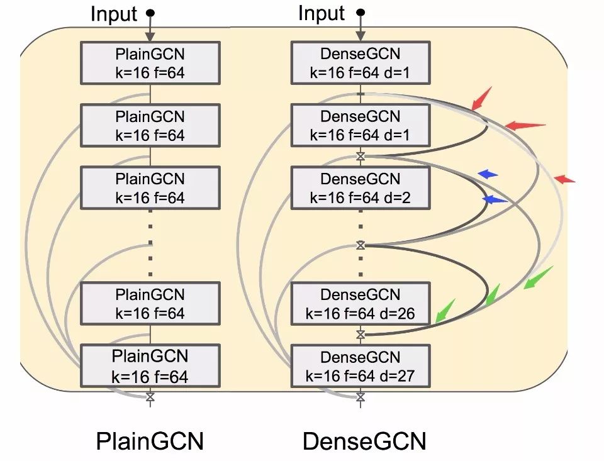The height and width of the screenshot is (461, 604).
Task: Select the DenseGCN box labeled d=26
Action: coord(360,303)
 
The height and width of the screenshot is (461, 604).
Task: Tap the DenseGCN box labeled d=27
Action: coord(360,367)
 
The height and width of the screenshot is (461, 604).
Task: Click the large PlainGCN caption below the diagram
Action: coord(150,440)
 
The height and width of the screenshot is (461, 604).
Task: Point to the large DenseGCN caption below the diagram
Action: coord(364,440)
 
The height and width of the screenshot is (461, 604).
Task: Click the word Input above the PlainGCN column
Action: coord(114,14)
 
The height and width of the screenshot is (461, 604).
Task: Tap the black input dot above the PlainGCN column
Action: coord(150,13)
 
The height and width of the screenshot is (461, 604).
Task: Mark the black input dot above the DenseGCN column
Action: coord(361,12)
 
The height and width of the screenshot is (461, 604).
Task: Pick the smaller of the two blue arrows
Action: coord(488,174)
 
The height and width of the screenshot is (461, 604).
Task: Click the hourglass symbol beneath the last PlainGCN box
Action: coord(150,397)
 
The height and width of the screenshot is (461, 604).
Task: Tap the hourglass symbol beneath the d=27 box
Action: coord(361,397)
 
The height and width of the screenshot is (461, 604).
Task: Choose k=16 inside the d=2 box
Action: coord(327,197)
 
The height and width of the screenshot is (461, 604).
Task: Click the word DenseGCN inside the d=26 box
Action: coord(360,294)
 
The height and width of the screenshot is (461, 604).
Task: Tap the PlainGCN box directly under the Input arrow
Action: coord(150,63)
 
